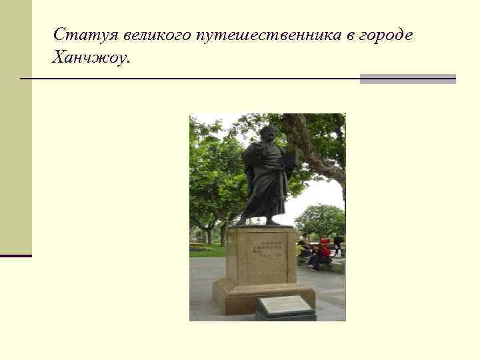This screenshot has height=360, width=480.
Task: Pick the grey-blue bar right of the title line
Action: [407, 79]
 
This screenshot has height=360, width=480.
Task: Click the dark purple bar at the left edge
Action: [16, 255]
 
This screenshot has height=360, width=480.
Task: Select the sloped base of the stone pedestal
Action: [263, 293]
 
